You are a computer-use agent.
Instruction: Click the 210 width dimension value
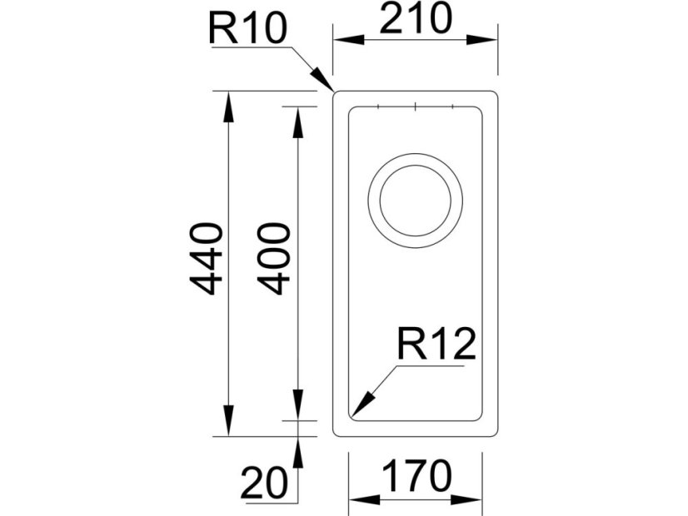pos(415,19)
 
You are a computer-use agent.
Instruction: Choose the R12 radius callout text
pos(436,345)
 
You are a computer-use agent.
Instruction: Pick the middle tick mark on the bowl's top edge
pos(415,107)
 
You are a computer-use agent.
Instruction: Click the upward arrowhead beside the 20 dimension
pos(298,449)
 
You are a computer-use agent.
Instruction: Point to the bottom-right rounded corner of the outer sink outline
pos(493,431)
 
